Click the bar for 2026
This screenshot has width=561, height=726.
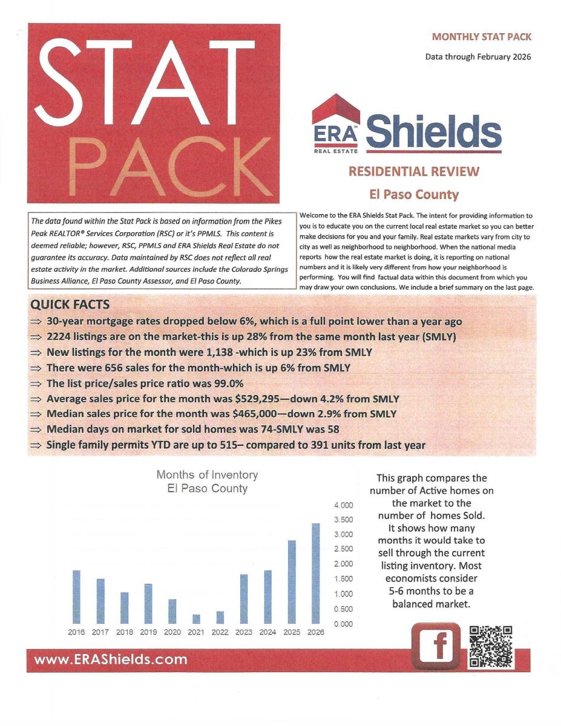(315, 573)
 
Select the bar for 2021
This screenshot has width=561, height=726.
(196, 619)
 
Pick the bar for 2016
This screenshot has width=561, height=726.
(76, 597)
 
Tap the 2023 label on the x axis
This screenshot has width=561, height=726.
(243, 632)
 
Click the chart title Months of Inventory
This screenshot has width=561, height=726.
(207, 475)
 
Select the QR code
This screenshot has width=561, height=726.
(491, 646)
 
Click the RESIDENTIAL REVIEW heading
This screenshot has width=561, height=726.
(413, 171)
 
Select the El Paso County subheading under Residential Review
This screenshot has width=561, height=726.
(414, 195)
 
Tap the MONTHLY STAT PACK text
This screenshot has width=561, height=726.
(482, 37)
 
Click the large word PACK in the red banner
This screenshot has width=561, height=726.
(154, 162)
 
